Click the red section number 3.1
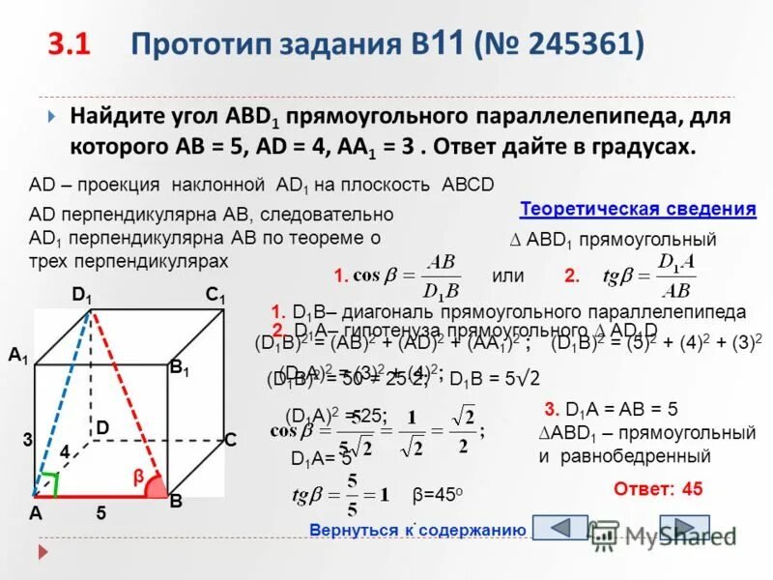pyautogui.click(x=70, y=44)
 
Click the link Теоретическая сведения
pyautogui.click(x=637, y=209)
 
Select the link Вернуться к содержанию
pyautogui.click(x=416, y=530)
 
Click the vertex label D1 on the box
pyautogui.click(x=82, y=295)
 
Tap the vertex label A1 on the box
pyautogui.click(x=18, y=356)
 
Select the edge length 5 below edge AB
pyautogui.click(x=100, y=515)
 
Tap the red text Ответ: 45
pyautogui.click(x=658, y=489)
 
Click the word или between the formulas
pyautogui.click(x=507, y=275)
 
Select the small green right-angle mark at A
pyautogui.click(x=49, y=479)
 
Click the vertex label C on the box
pyautogui.click(x=230, y=440)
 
